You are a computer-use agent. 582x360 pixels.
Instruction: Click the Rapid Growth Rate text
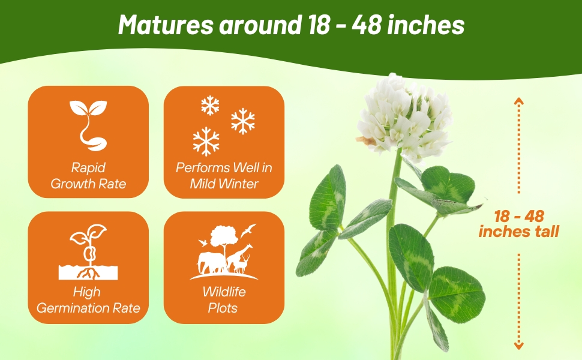pos(88,175)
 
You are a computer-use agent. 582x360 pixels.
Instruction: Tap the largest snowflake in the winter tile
pos(206,142)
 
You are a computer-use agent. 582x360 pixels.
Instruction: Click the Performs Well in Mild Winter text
pos(224,175)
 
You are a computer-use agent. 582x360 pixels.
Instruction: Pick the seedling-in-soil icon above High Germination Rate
pos(88,252)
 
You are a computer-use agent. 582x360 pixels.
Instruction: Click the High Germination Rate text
pos(88,300)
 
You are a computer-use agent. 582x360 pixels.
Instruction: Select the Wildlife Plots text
pos(224,300)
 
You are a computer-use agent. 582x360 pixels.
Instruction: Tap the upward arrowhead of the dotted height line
pos(519,101)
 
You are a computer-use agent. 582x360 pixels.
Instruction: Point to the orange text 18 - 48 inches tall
pos(519,223)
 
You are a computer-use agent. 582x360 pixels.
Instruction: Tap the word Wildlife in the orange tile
pos(224,292)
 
